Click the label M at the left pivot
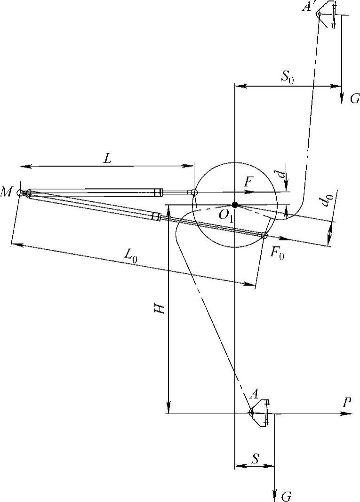tap(6, 192)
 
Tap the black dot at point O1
tap(235, 205)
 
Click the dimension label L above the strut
tap(107, 159)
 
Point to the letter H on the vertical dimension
tap(160, 309)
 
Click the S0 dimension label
tap(288, 77)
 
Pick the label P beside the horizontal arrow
tap(347, 402)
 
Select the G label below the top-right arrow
tap(354, 99)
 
